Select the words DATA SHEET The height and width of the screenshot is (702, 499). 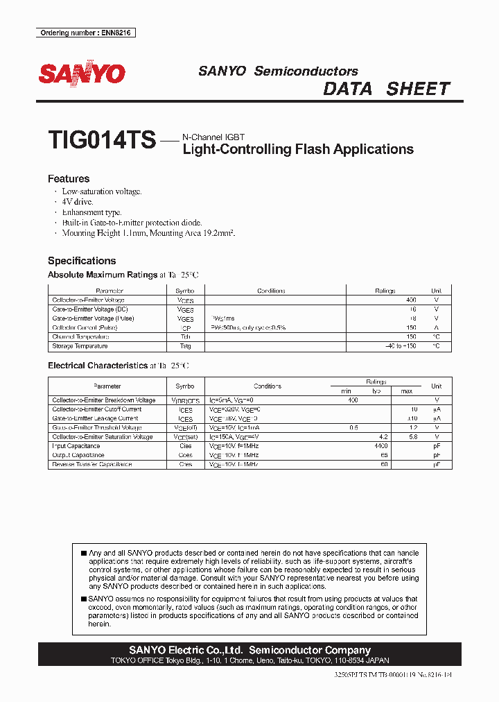tap(387, 89)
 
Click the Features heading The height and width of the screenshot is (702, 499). tap(69, 179)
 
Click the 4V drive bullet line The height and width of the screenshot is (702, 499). tap(77, 201)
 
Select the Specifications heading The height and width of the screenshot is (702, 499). tap(81, 261)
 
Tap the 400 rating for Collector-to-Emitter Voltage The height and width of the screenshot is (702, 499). tap(411, 300)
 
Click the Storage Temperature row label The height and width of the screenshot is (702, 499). tap(80, 345)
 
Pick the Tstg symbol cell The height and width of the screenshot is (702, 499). tap(185, 345)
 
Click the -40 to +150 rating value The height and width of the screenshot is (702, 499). tap(401, 345)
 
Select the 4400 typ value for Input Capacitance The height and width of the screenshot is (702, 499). tap(380, 446)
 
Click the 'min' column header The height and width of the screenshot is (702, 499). tap(347, 391)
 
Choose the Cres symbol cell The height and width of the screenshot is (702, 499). tap(185, 464)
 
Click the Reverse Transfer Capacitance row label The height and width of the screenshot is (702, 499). tap(92, 464)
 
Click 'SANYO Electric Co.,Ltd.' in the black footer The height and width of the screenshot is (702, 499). tap(186, 650)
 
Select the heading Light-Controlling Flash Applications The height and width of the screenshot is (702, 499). tap(298, 149)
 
